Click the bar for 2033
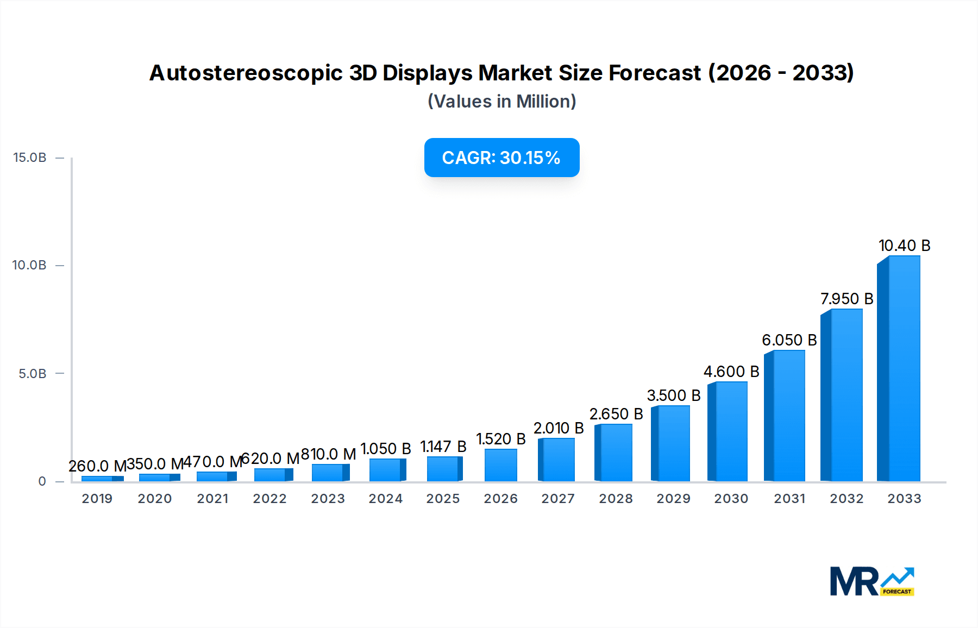(899, 369)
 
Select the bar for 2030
(728, 432)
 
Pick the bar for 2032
(842, 395)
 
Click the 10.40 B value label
(905, 246)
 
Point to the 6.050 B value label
(789, 340)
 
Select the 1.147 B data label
(443, 447)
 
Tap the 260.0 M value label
(97, 466)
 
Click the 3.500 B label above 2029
(673, 395)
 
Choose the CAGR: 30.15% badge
(501, 158)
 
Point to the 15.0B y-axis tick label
(29, 158)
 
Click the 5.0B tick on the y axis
(32, 374)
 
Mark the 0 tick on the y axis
(42, 481)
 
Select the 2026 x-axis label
(500, 499)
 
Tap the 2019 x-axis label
(97, 499)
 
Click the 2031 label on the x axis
(789, 499)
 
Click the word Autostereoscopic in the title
(246, 73)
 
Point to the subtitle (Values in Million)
(501, 102)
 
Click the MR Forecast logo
(872, 581)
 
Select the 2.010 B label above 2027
(558, 428)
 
